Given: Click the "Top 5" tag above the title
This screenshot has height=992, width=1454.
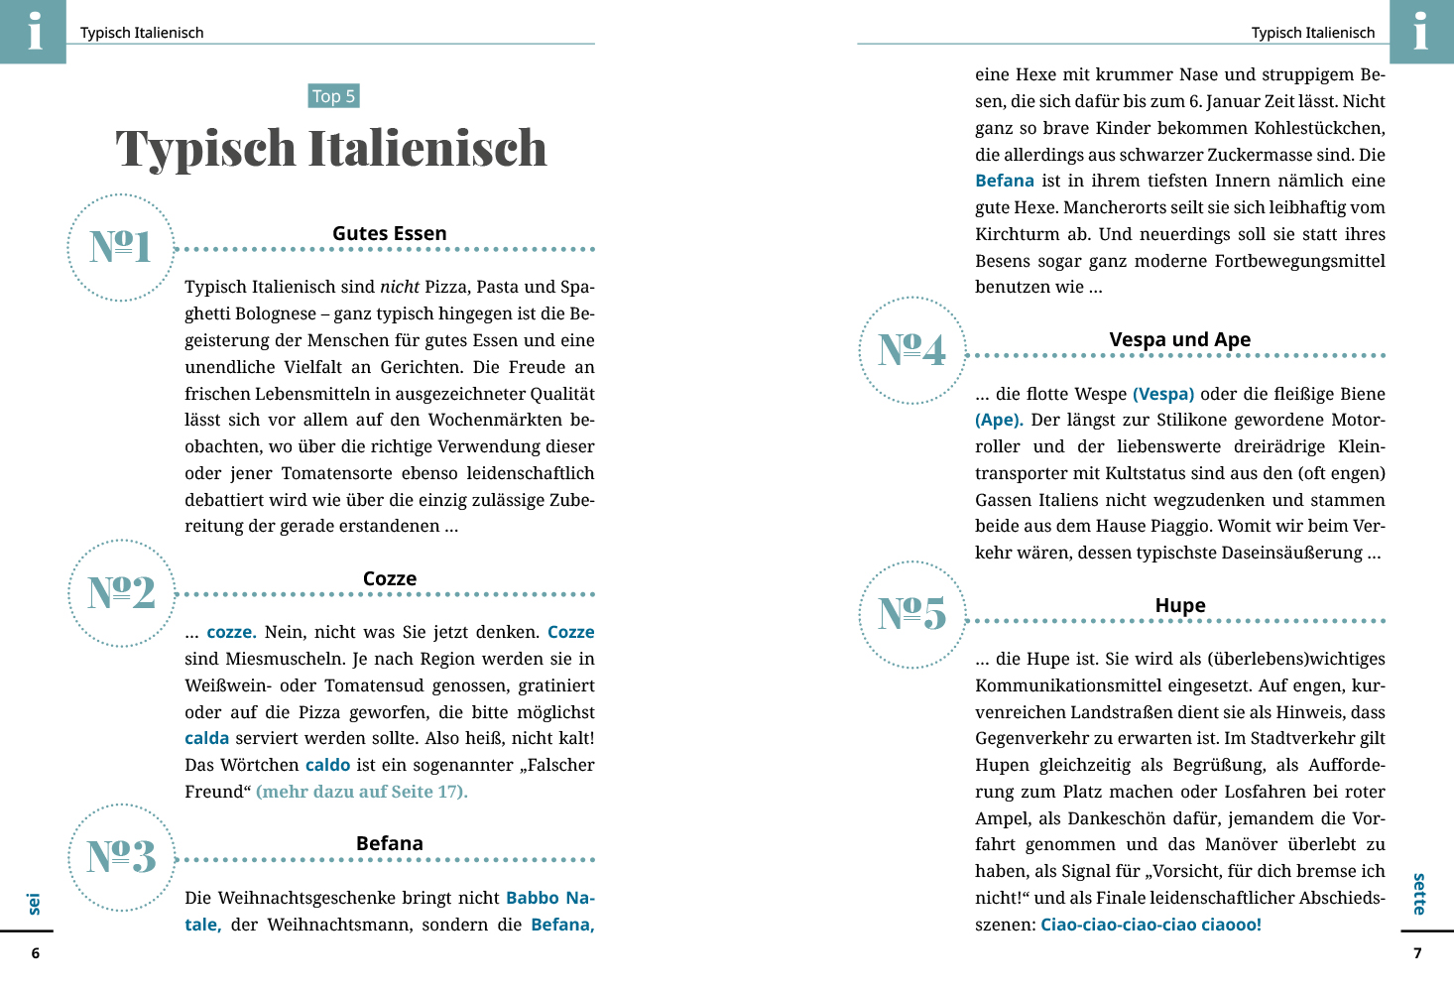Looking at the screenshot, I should [x=333, y=96].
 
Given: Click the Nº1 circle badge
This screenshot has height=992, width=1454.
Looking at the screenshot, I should [x=121, y=247].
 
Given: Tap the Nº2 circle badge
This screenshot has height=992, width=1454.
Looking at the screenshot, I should [x=121, y=593].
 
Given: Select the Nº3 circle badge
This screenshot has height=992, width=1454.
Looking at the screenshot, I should [x=121, y=857].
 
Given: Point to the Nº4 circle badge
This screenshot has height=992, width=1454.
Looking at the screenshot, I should [x=912, y=350].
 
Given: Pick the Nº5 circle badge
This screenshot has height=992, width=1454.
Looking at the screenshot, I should [x=912, y=614].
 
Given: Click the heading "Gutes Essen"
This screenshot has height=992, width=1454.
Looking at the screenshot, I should [x=390, y=233].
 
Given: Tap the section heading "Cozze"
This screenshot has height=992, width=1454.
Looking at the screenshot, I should [x=390, y=578].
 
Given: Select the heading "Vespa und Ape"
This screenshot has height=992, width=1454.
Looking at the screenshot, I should [x=1180, y=339].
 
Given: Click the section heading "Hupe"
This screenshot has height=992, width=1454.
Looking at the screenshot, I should [x=1180, y=605].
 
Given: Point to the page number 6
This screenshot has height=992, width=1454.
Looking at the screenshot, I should [x=36, y=953].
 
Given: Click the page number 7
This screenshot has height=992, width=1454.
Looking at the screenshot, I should [x=1417, y=953].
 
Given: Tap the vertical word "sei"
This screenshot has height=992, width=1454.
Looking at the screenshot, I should [x=35, y=904].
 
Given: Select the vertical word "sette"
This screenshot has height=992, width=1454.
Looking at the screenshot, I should [x=1419, y=894].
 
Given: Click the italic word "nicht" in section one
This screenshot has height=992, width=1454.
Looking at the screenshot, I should [x=400, y=287].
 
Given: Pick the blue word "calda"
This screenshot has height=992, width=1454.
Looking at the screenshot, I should [x=206, y=738].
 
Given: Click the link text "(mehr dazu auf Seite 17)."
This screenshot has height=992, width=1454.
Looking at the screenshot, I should [x=362, y=792].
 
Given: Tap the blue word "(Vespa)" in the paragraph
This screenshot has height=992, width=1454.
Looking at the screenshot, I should [x=1163, y=394].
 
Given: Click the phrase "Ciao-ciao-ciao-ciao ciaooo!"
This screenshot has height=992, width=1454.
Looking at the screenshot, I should [x=1151, y=925].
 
